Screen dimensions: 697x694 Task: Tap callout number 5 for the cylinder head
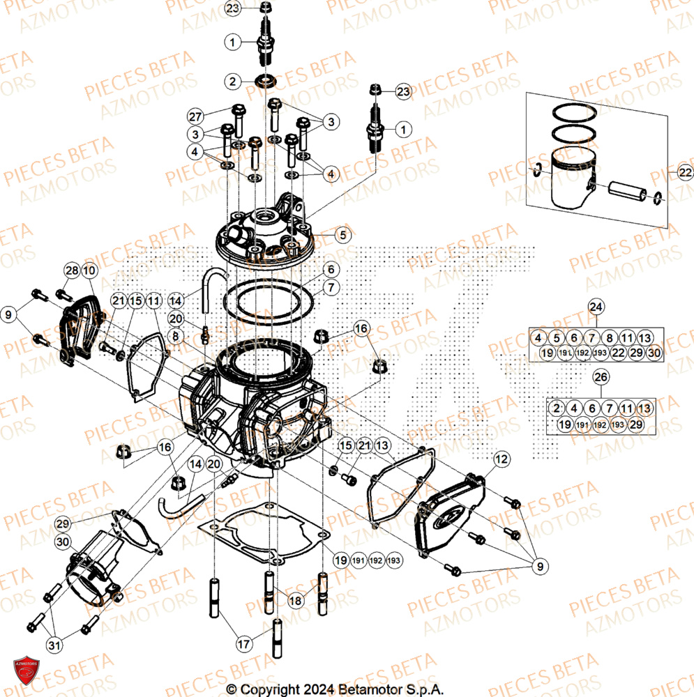pos(342,236)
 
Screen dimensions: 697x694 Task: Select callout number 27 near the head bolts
pos(195,116)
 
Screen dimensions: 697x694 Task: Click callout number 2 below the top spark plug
pos(233,81)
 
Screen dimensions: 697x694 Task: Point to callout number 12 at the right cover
pos(502,459)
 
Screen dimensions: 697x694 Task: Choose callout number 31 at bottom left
pos(53,645)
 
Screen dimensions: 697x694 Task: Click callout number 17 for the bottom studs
pos(243,645)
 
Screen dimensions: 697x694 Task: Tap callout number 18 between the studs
pos(295,599)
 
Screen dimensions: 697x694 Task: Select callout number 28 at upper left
pos(71,270)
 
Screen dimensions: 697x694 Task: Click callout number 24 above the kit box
pos(595,306)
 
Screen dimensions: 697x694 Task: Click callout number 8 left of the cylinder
pos(176,336)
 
